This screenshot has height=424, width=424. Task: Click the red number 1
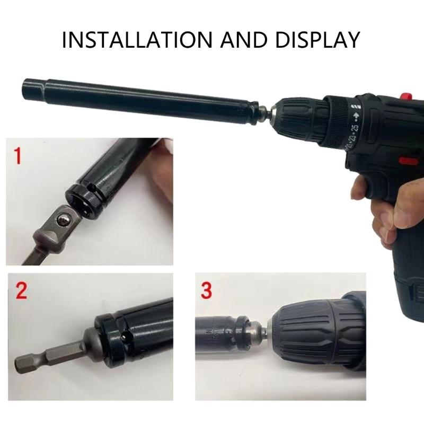pyautogui.click(x=18, y=156)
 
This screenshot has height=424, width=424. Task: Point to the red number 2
pyautogui.click(x=21, y=291)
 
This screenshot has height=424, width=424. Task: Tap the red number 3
pyautogui.click(x=207, y=291)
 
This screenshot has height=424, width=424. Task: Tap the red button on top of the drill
pyautogui.click(x=407, y=97)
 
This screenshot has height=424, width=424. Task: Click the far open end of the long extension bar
pyautogui.click(x=28, y=85)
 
